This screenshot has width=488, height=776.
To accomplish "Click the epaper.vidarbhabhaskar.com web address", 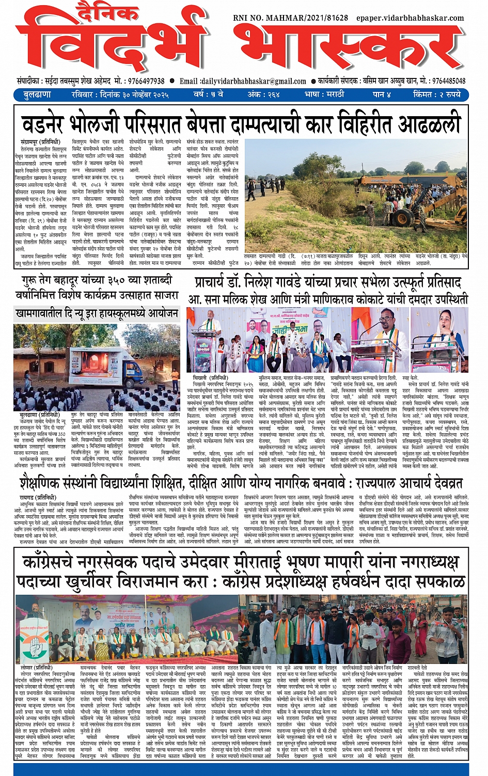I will tap(411, 18).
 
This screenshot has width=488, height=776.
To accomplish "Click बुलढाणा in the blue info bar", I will tap(37, 94).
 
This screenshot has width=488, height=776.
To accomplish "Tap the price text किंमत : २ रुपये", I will tap(437, 94).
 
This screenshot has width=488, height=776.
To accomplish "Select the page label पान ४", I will tap(382, 94).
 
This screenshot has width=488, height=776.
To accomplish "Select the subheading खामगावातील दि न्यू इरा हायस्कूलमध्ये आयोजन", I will tap(97, 313).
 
